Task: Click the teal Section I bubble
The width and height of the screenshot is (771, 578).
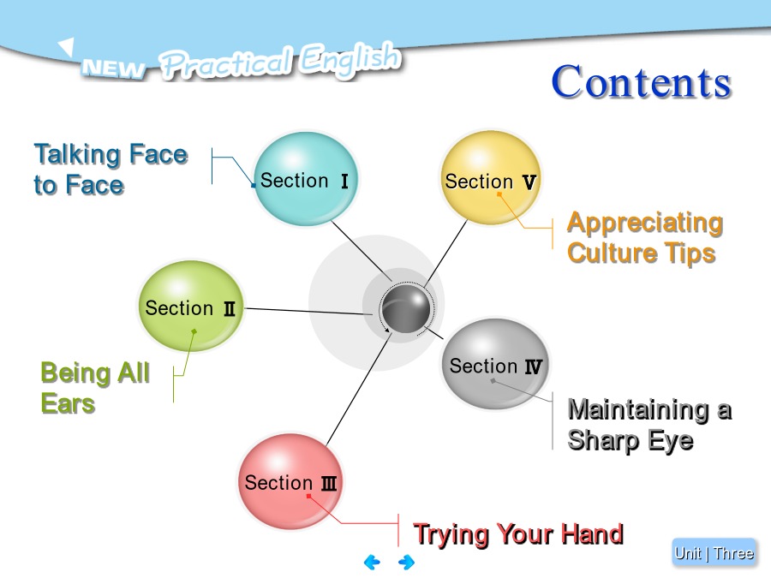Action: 306,179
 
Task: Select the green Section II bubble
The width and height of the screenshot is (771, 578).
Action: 191,306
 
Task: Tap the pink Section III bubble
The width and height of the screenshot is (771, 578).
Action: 290,481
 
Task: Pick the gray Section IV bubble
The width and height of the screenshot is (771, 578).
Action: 494,364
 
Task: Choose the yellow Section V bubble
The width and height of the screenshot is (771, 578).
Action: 491,178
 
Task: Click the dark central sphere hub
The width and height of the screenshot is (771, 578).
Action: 406,308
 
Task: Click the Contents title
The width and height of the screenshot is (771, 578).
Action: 641,82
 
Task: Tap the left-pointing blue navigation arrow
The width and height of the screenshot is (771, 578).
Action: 373,562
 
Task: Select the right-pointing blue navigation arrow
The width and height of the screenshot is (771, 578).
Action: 406,562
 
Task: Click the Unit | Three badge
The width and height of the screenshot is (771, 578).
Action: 714,553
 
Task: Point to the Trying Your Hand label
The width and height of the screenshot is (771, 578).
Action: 518,534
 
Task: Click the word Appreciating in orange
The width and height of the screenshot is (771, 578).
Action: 645,223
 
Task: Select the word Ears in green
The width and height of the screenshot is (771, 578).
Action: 68,403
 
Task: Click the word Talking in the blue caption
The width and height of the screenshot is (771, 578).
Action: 78,155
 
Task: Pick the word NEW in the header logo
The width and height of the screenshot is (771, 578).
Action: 114,69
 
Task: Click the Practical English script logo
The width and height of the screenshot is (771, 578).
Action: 279,61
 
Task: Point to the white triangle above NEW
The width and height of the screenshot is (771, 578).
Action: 66,46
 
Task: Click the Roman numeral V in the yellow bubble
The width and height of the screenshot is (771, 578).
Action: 529,182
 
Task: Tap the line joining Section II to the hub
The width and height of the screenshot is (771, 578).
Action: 308,311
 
